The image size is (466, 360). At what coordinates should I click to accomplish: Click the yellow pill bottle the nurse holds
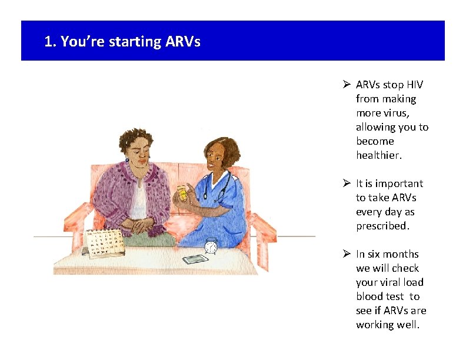[x=182, y=194]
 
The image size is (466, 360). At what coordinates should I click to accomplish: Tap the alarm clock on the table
[x=211, y=246]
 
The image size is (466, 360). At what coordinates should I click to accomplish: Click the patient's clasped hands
[x=140, y=226]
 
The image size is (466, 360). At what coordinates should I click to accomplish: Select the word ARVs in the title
[x=183, y=42]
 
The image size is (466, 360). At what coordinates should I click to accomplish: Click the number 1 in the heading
[x=49, y=42]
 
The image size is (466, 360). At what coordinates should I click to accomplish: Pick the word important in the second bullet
[x=400, y=184]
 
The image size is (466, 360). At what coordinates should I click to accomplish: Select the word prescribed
[x=382, y=226]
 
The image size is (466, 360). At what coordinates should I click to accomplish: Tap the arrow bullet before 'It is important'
[x=347, y=184]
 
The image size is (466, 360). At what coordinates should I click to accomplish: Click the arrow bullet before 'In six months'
[x=347, y=254]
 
